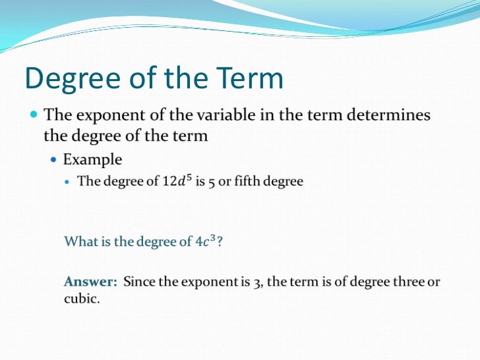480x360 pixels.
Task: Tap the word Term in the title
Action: [249, 79]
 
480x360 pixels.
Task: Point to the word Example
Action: [92, 160]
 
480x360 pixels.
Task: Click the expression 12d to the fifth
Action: [178, 181]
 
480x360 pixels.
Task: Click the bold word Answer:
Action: [90, 282]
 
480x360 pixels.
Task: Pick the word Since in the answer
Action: [139, 282]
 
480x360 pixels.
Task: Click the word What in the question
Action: [79, 241]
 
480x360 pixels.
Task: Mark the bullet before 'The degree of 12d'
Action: [68, 181]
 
